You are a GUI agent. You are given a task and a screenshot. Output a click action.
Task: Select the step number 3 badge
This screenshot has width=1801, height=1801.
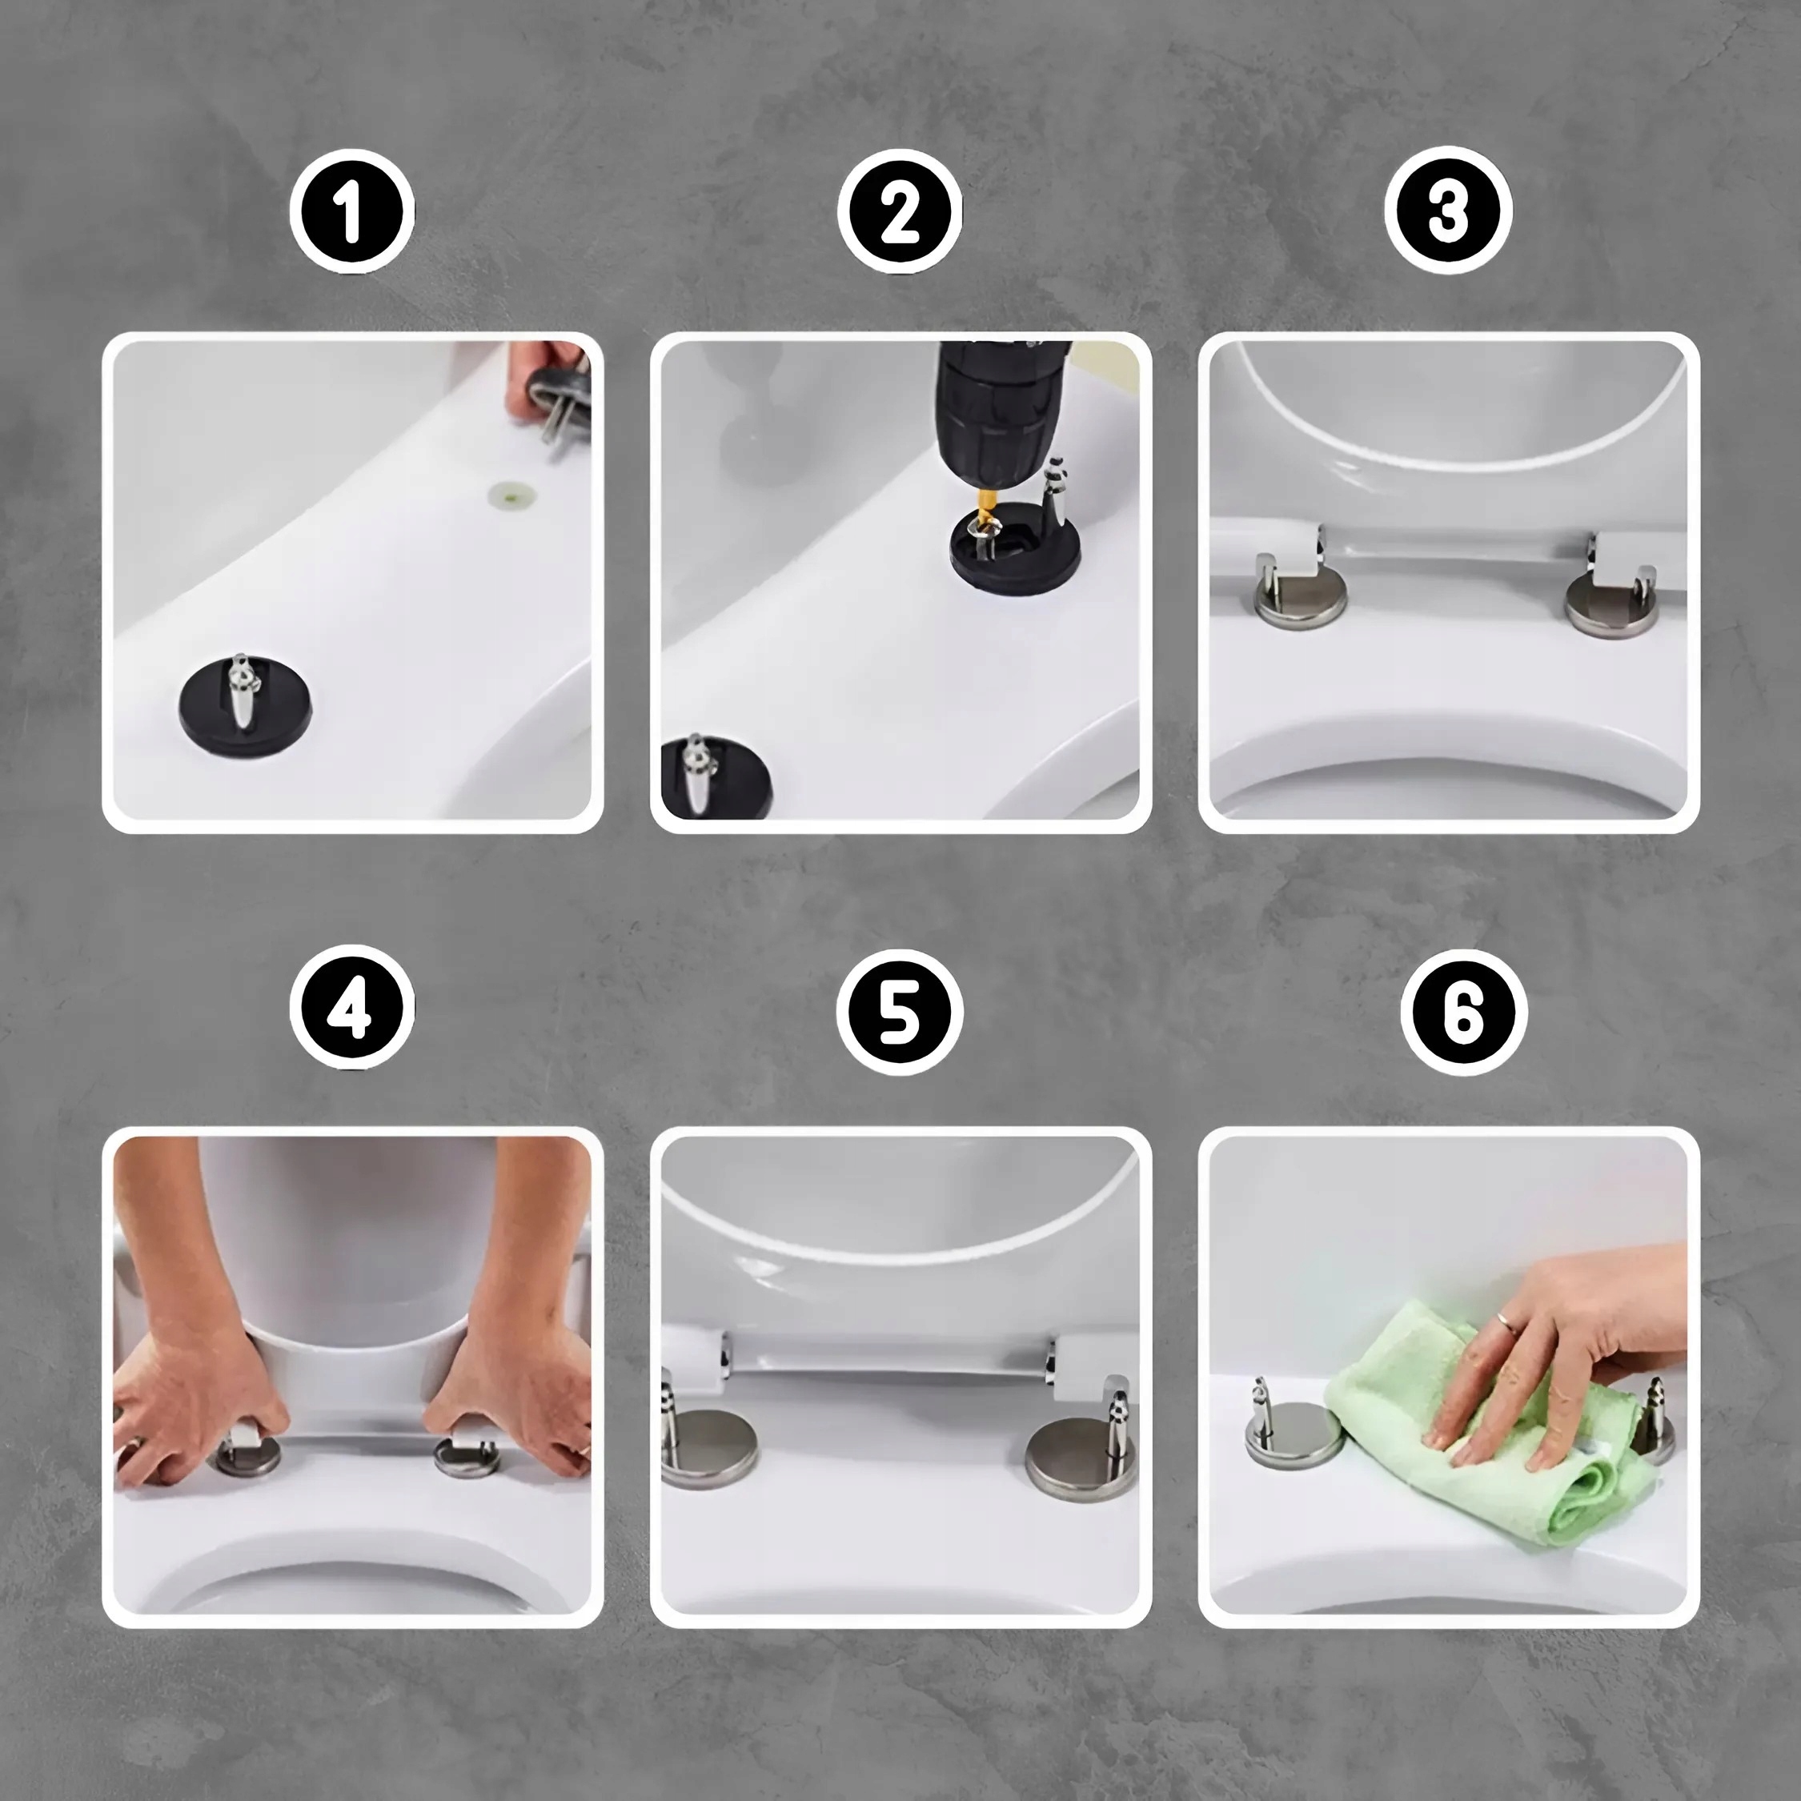[x=1448, y=211]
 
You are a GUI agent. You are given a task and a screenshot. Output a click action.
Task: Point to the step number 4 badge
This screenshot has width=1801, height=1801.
[x=351, y=1010]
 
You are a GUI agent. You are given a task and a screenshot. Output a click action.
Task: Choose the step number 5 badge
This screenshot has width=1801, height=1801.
[x=900, y=1010]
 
